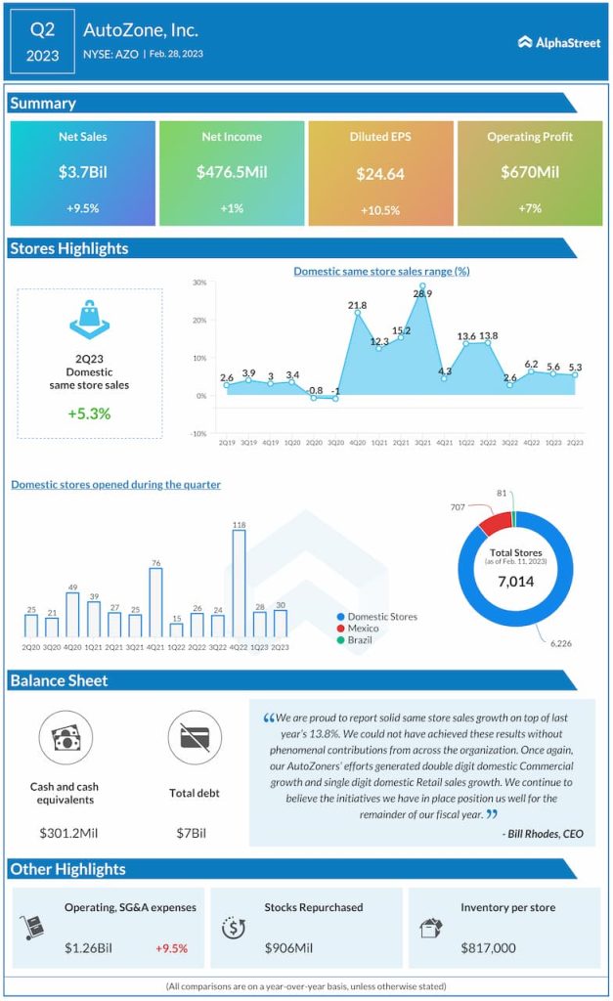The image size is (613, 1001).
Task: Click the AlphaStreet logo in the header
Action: (558, 42)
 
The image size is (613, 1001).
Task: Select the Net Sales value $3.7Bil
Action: (82, 172)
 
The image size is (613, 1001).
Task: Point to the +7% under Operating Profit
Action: (530, 208)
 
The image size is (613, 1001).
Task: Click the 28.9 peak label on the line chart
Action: (422, 293)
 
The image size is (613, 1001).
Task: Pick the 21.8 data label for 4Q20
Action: (357, 306)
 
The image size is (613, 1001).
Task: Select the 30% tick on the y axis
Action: (198, 283)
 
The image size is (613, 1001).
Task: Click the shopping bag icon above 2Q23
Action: (89, 321)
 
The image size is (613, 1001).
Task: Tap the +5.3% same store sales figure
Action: (89, 413)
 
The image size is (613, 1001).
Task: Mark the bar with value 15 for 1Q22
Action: (176, 630)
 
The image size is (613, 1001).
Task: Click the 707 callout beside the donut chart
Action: (458, 508)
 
